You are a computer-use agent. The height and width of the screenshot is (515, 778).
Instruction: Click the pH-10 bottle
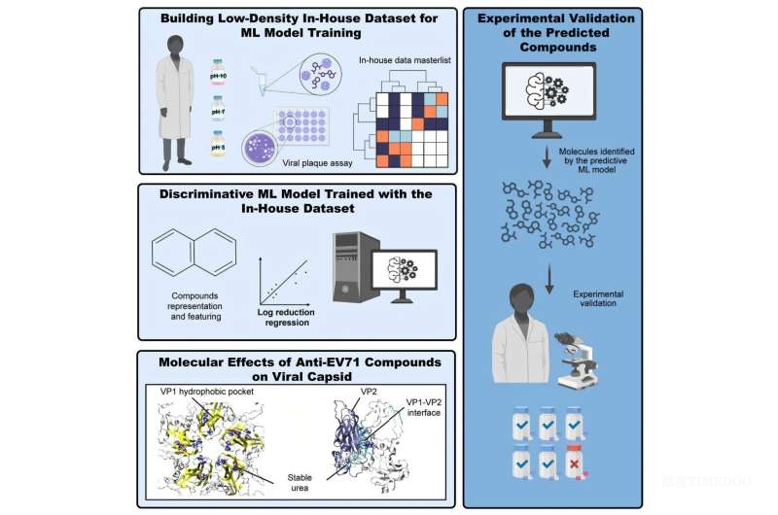tap(217, 71)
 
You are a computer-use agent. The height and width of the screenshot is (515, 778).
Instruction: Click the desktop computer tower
tap(348, 267)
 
